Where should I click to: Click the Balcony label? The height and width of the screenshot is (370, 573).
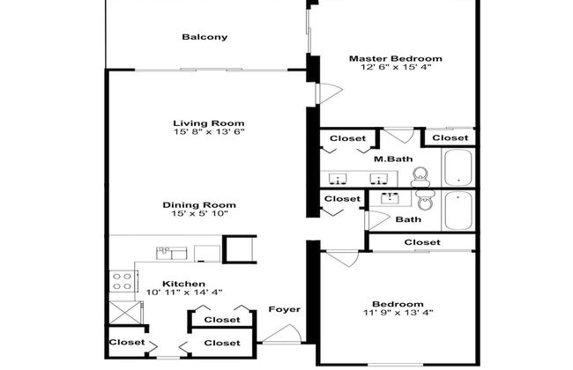tap(205, 37)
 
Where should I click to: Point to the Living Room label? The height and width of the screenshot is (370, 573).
tap(208, 123)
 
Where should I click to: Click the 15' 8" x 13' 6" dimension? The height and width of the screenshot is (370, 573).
tap(208, 132)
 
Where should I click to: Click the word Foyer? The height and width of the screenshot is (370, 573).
tap(284, 309)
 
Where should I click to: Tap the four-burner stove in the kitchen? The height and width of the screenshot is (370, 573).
tap(122, 283)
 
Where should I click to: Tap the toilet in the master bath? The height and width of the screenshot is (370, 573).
tap(422, 175)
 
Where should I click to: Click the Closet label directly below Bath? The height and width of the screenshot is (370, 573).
tap(421, 242)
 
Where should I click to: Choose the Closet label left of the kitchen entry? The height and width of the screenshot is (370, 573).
tap(125, 342)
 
